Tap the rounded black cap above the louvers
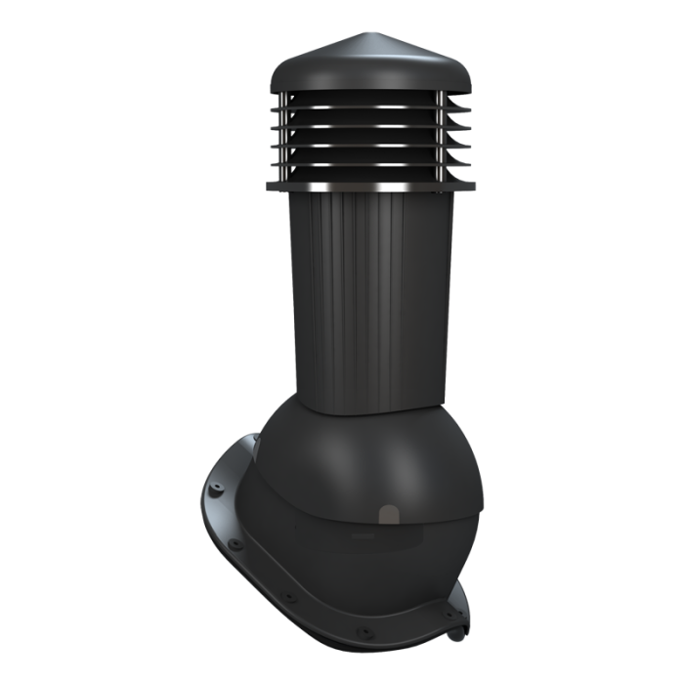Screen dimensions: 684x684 (x=358, y=68)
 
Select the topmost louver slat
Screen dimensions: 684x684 (x=358, y=112)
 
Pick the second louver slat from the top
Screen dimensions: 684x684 (x=358, y=131)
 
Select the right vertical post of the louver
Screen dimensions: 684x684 (x=441, y=137)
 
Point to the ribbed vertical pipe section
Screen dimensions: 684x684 (x=362, y=293)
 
